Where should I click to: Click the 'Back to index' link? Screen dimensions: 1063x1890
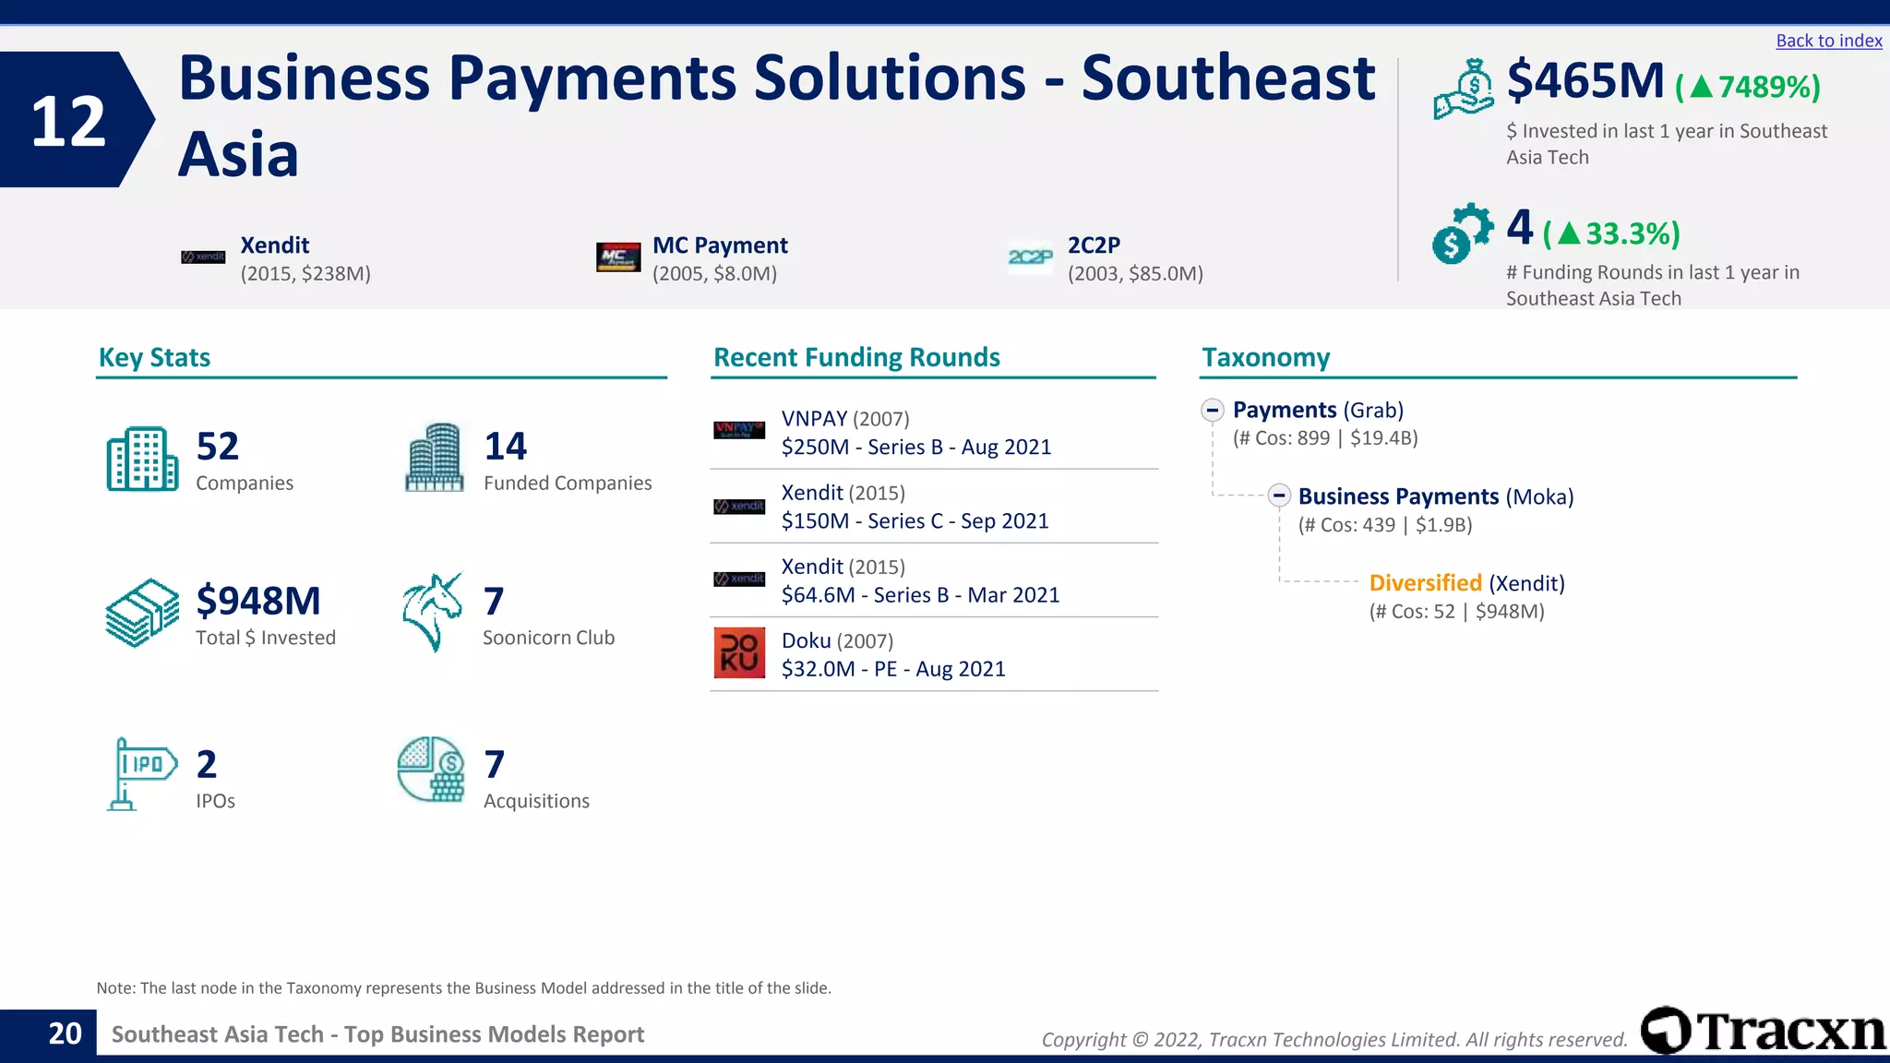click(x=1828, y=41)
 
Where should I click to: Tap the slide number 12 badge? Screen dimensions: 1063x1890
click(x=70, y=121)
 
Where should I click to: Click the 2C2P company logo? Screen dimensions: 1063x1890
click(x=1030, y=257)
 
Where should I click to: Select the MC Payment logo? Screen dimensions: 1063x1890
click(x=618, y=257)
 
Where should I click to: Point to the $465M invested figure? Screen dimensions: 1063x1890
click(x=1585, y=81)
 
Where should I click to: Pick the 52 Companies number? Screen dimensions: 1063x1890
click(x=218, y=447)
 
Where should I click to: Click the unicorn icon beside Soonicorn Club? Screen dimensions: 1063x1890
click(x=432, y=611)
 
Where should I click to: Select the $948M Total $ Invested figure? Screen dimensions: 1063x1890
click(x=258, y=601)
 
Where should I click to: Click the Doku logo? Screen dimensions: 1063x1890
click(x=739, y=652)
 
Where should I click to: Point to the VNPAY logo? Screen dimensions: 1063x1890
click(x=739, y=430)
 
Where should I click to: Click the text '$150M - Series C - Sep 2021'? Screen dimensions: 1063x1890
click(x=915, y=521)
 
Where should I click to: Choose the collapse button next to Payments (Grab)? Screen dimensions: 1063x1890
click(x=1213, y=410)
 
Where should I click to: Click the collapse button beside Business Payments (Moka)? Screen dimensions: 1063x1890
click(x=1278, y=496)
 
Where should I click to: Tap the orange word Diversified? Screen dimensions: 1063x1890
click(x=1425, y=583)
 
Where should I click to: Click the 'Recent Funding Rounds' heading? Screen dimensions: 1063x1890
click(x=856, y=357)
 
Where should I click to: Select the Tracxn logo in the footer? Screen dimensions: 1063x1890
click(x=1764, y=1031)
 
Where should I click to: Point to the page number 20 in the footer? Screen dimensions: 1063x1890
click(x=65, y=1033)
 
